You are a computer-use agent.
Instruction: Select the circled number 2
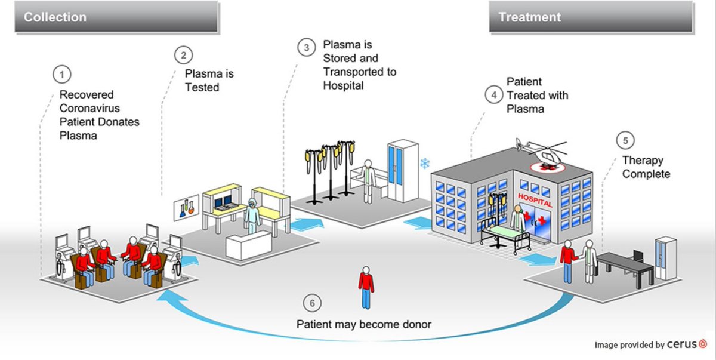click(183, 55)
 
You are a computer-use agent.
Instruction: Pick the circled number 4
click(493, 94)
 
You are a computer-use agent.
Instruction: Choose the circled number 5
click(625, 141)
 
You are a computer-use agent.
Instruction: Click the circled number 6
click(310, 302)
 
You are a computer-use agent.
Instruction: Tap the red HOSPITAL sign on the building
click(535, 199)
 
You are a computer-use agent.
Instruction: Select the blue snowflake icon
click(425, 163)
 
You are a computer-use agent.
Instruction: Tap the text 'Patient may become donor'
click(364, 324)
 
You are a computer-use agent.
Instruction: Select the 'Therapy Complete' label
click(646, 167)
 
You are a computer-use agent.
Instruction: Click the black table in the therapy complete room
click(626, 263)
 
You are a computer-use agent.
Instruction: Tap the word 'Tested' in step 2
click(202, 87)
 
